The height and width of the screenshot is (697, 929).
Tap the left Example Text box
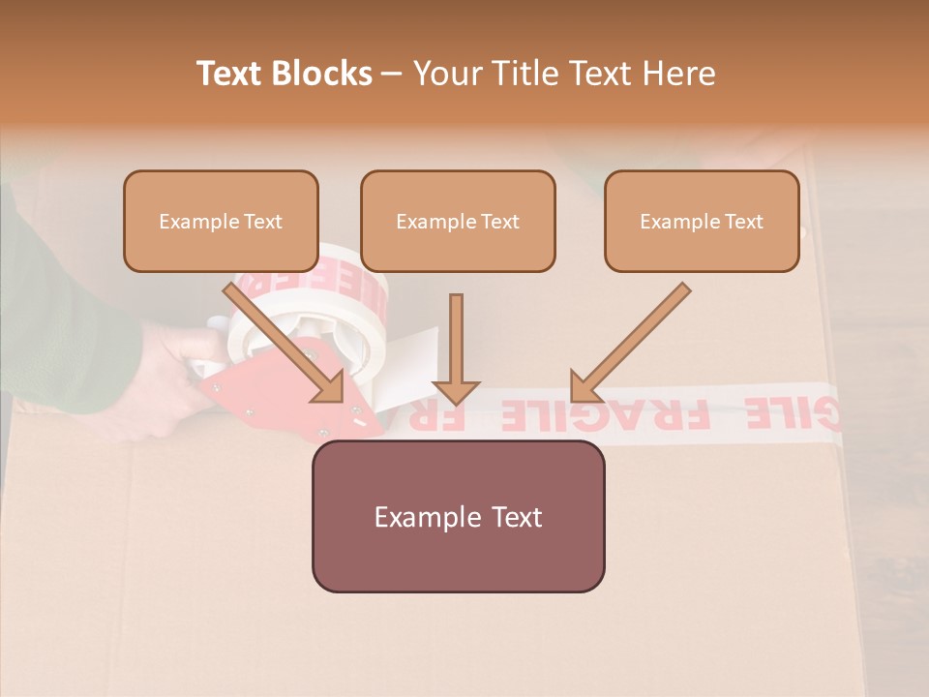[221, 221]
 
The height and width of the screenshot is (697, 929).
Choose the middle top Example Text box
[458, 221]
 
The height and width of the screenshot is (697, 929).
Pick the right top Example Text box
[702, 221]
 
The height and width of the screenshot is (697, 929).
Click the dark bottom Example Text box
[458, 516]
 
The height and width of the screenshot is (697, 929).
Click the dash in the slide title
[392, 75]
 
